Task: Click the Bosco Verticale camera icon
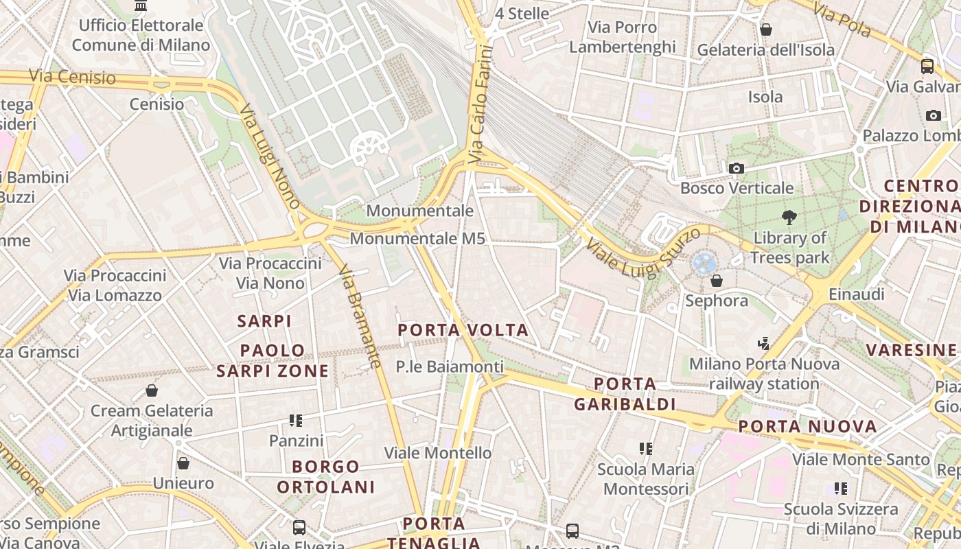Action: click(736, 168)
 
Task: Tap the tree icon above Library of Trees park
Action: click(789, 218)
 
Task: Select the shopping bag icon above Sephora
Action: click(717, 281)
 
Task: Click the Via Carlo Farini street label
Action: click(480, 104)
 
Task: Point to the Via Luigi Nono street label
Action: click(269, 156)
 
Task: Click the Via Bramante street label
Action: click(360, 316)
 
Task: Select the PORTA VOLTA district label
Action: click(463, 330)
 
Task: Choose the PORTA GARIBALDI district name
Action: click(625, 394)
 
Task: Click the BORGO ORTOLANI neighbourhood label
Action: click(326, 477)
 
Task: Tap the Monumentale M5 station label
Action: click(417, 239)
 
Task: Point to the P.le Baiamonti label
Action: click(450, 367)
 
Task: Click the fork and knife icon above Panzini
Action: click(296, 420)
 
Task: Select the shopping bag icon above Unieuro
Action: click(183, 463)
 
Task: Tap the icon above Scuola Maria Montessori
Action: click(646, 449)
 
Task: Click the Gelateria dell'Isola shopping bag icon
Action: click(766, 30)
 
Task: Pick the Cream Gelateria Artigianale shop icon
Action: click(152, 390)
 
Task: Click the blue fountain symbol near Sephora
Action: click(704, 263)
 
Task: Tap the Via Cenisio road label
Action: click(72, 77)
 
